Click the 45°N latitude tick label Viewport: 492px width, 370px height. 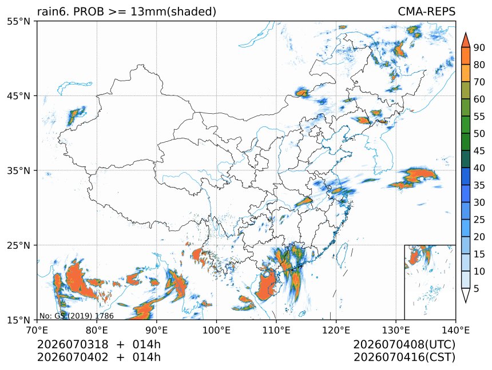click(x=18, y=96)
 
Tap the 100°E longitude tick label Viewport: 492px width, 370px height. click(x=216, y=330)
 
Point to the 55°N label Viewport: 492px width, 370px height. click(x=18, y=21)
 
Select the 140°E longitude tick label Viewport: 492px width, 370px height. click(x=455, y=330)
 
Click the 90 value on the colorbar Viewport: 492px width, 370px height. click(x=479, y=47)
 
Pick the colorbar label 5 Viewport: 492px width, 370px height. click(x=477, y=288)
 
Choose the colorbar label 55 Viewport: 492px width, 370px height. click(x=479, y=116)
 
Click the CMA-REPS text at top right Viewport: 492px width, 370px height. click(x=426, y=11)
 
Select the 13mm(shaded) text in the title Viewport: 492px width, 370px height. click(x=173, y=12)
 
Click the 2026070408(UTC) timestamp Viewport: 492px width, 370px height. click(x=404, y=344)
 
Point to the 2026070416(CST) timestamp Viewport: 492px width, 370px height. click(x=404, y=357)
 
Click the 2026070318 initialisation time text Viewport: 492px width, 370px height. click(x=73, y=344)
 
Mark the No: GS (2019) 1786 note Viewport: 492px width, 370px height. click(x=77, y=316)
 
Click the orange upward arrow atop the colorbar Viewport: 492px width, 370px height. click(x=465, y=39)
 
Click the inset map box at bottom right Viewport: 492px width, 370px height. click(x=430, y=282)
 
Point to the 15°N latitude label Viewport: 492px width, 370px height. click(x=18, y=320)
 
